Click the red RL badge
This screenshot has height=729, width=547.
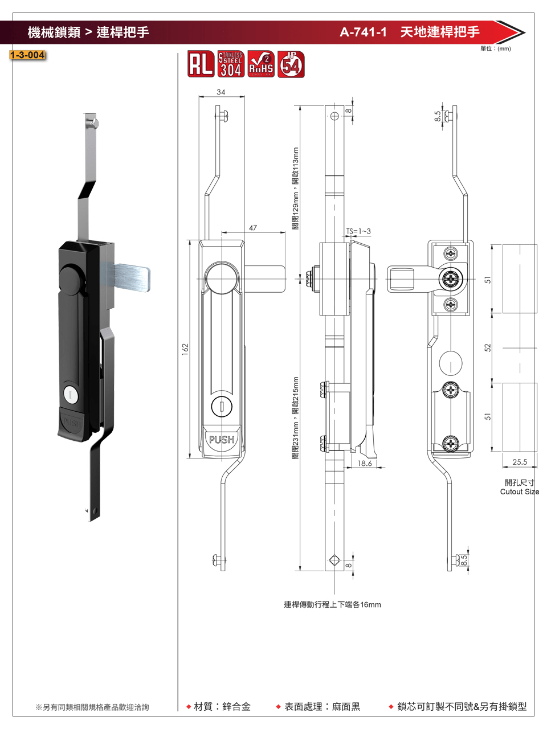pos(201,64)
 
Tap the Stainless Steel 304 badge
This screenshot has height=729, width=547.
pos(231,64)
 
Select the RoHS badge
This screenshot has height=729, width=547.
pos(261,64)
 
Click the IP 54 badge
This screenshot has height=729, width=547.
pos(291,64)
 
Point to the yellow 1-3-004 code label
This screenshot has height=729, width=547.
pos(27,55)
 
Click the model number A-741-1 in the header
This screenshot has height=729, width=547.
pos(363,32)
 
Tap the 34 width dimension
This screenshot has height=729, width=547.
pos(221,92)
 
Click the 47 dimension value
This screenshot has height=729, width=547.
pos(253,228)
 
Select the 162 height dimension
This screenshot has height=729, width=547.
pos(185,350)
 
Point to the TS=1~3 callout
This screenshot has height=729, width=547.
pos(358,231)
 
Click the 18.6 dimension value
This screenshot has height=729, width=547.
pos(365,464)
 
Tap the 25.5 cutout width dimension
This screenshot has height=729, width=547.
pos(520,462)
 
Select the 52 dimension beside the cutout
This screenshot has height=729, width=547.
pos(488,347)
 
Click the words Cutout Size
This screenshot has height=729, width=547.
pos(519,492)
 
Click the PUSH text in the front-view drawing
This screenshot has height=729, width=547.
pos(222,440)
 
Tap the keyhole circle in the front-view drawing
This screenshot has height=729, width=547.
pos(222,407)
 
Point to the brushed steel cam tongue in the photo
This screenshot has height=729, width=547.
pos(132,277)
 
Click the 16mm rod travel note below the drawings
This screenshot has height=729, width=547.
pos(332,604)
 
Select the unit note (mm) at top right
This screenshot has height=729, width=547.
pos(496,49)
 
